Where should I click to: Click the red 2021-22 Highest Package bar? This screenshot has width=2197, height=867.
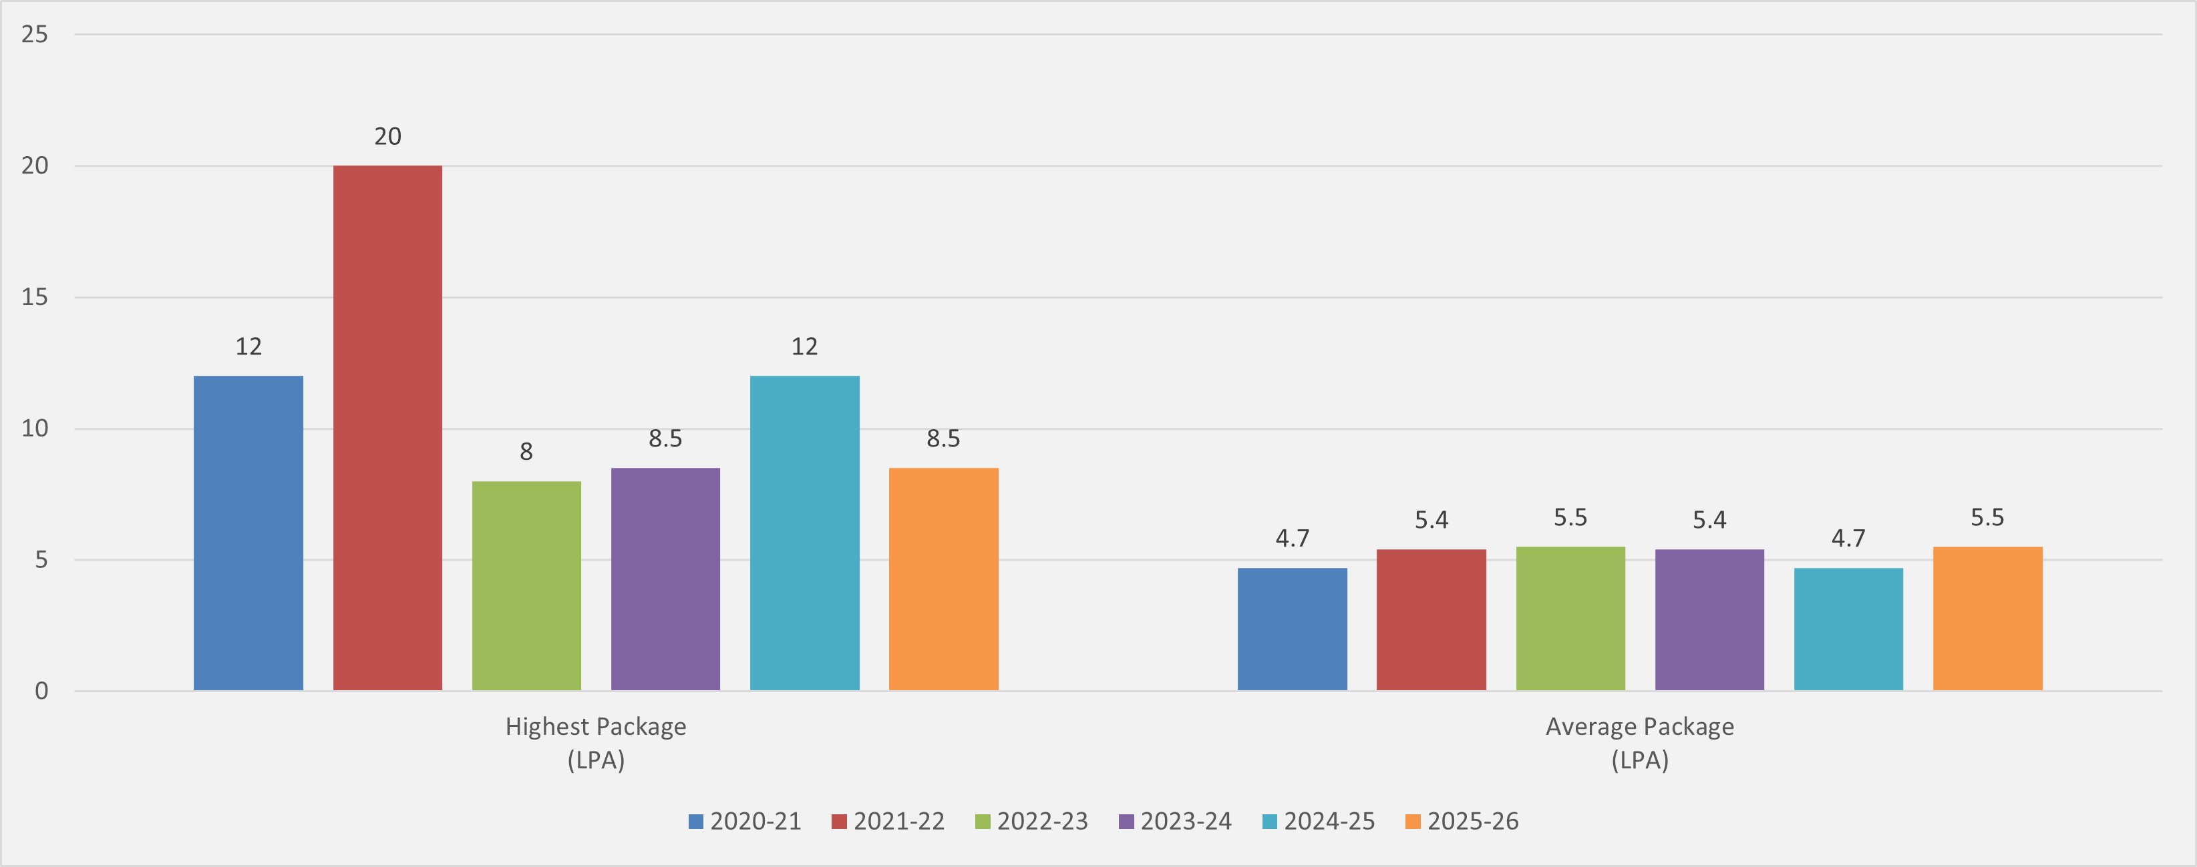point(387,427)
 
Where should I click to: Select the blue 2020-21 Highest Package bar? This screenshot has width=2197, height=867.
point(248,533)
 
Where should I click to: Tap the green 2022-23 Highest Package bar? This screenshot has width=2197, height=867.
point(526,585)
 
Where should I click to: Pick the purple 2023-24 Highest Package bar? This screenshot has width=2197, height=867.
point(665,579)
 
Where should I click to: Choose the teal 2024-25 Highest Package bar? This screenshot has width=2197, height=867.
point(804,533)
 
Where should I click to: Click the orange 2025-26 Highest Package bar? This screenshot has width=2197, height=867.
point(943,579)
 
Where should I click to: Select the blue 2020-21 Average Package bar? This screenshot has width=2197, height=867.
point(1292,629)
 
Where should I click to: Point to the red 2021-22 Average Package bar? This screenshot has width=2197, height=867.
point(1431,620)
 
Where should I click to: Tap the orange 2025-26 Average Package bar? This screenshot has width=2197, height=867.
point(1987,618)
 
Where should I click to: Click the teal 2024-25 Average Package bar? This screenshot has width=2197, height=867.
point(1848,629)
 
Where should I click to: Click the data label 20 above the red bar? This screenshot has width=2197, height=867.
point(387,136)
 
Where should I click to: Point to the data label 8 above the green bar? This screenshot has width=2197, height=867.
point(526,452)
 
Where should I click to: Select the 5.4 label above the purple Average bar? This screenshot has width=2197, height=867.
point(1709,520)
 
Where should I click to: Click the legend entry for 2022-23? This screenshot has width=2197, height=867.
point(1032,821)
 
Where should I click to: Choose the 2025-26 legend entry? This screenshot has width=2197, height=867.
point(1462,821)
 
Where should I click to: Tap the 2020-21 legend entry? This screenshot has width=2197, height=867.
point(745,821)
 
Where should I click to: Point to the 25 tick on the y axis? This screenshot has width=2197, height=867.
point(35,34)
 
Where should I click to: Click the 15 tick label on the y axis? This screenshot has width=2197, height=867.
point(35,296)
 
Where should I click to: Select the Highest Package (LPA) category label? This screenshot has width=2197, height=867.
point(596,743)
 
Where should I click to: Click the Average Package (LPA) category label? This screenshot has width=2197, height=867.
point(1639,743)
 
